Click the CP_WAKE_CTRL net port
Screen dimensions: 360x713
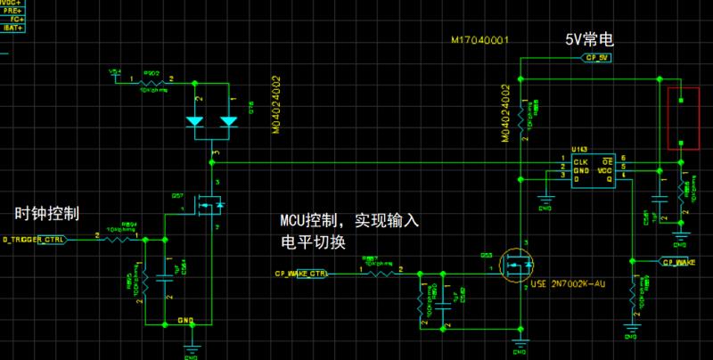pyautogui.click(x=299, y=274)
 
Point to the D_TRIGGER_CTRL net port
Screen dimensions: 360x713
pyautogui.click(x=34, y=240)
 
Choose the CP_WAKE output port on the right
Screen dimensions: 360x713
pyautogui.click(x=677, y=261)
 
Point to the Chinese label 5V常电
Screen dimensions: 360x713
pyautogui.click(x=590, y=42)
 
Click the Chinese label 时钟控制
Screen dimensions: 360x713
pyautogui.click(x=47, y=214)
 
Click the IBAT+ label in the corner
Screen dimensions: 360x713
pyautogui.click(x=12, y=28)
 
